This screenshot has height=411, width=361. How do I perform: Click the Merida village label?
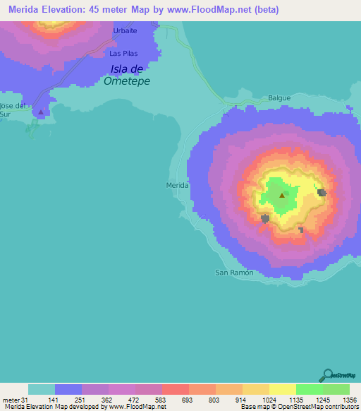(176, 185)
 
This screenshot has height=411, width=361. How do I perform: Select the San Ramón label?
(233, 272)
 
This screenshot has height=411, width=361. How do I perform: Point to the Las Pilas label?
(123, 53)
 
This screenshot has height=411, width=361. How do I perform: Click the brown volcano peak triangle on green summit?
(282, 196)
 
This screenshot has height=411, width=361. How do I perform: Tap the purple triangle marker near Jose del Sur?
(41, 112)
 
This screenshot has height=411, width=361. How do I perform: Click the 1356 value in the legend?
(348, 399)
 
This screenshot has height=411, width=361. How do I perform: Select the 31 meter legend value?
(26, 399)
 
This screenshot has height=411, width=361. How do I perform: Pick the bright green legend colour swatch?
(309, 389)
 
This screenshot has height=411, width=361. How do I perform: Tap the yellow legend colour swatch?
(282, 389)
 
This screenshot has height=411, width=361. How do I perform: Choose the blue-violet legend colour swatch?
(68, 389)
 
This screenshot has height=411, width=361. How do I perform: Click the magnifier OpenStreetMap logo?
(329, 374)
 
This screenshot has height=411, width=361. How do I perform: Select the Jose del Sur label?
(12, 109)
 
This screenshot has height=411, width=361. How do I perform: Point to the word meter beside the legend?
(11, 399)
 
